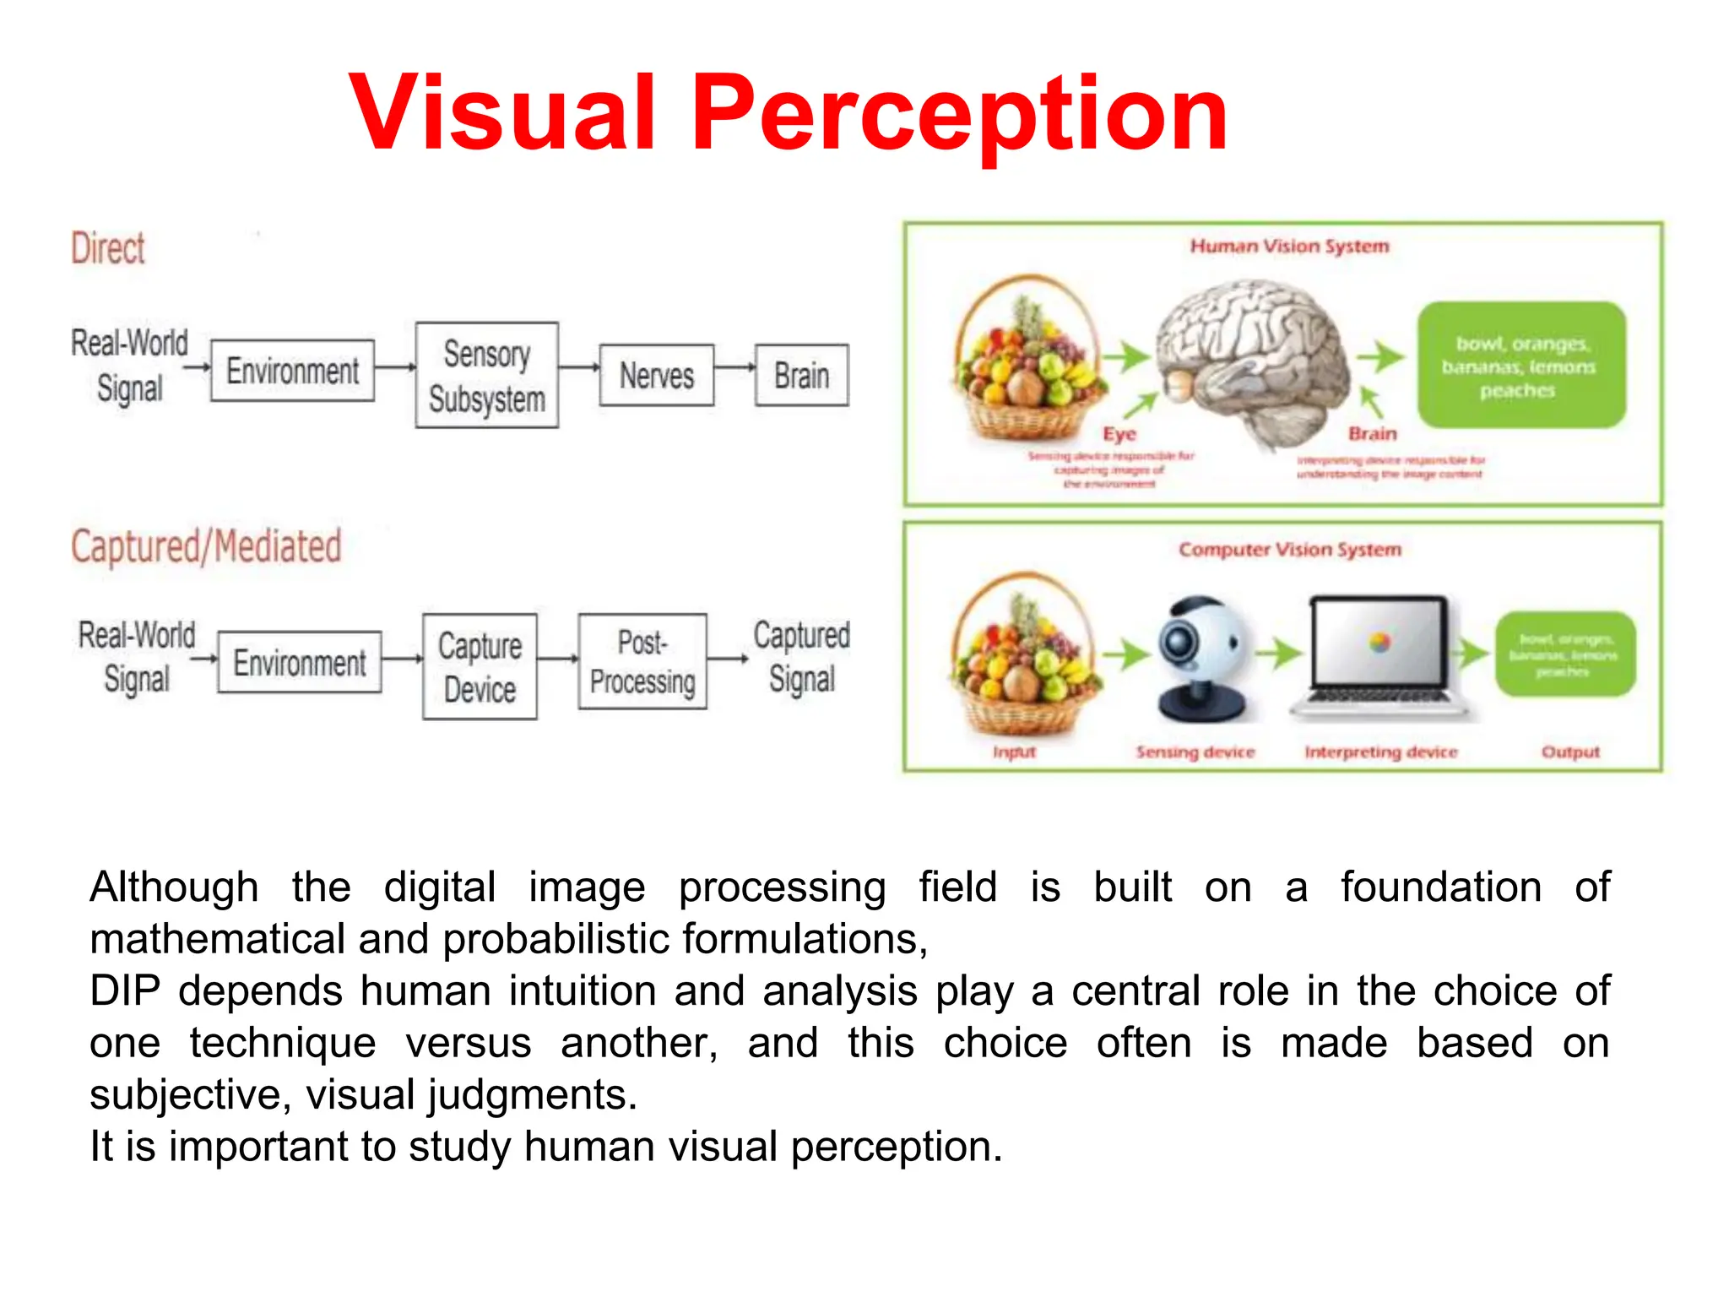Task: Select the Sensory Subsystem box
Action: point(486,376)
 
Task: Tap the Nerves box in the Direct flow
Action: point(656,376)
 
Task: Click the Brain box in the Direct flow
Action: point(801,376)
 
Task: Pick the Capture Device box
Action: point(480,667)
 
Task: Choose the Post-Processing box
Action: point(642,662)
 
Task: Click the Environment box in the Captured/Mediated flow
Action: point(300,663)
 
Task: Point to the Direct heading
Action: point(108,249)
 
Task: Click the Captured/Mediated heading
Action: point(206,546)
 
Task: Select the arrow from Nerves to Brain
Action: point(734,367)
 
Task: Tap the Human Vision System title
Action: point(1289,247)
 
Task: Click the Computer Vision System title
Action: point(1289,550)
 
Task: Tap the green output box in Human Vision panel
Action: point(1520,366)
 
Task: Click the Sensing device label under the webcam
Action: point(1195,752)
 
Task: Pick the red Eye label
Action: point(1119,434)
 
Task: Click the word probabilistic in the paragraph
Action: point(556,940)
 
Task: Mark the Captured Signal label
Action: point(801,657)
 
